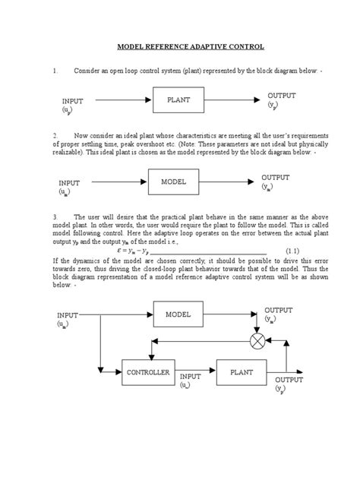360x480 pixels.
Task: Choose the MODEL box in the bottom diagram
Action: [x=178, y=313]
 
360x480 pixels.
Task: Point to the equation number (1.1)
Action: [x=293, y=251]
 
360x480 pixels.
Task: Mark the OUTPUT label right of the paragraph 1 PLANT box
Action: [x=282, y=96]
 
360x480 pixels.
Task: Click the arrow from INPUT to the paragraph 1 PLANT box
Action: [x=122, y=99]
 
